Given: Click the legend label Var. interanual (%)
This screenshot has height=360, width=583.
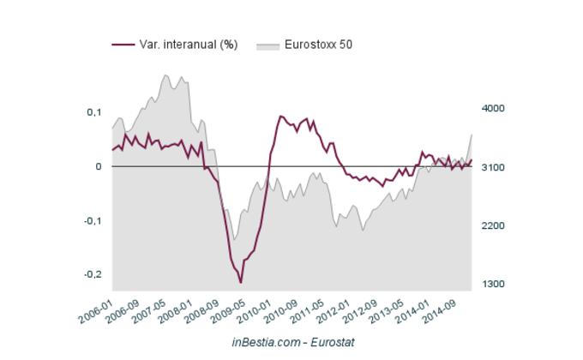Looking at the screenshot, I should [x=188, y=44].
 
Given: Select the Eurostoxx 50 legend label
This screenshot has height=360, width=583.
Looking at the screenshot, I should [x=319, y=44].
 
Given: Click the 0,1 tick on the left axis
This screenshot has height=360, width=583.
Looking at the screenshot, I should [x=93, y=112].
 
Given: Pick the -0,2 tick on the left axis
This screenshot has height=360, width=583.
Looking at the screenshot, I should [x=92, y=274].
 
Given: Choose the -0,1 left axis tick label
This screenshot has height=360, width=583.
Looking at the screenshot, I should [x=92, y=220].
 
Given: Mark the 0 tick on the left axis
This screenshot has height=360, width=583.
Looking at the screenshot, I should [x=99, y=166].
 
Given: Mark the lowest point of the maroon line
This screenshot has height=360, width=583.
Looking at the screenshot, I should [x=241, y=282].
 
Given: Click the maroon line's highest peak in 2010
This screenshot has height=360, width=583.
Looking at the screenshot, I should [x=280, y=116].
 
